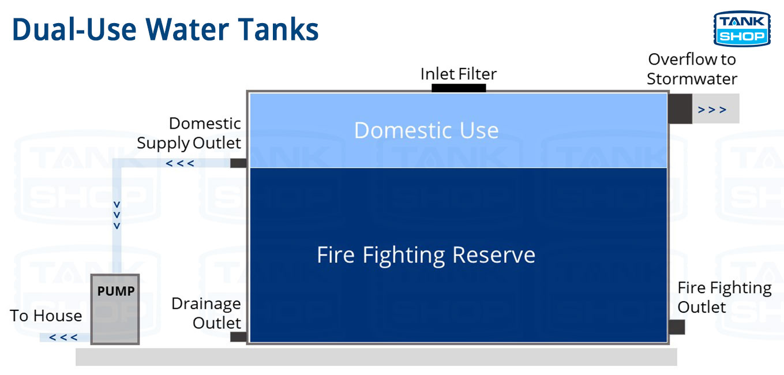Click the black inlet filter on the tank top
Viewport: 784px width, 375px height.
(459, 88)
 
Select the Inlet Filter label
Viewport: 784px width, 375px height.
(459, 74)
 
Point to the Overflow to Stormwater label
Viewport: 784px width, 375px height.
(692, 69)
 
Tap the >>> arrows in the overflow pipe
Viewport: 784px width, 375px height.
(712, 110)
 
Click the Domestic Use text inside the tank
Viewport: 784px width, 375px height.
(426, 130)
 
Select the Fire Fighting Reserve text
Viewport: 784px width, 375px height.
(426, 255)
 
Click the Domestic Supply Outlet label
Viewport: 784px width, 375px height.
(189, 133)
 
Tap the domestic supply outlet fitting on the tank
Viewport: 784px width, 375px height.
(238, 163)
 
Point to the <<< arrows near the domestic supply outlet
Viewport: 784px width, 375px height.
(180, 163)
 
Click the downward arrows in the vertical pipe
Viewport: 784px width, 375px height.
(117, 215)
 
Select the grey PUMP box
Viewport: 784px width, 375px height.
(115, 309)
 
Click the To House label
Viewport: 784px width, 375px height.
(46, 316)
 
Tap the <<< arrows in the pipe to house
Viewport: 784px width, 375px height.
(63, 337)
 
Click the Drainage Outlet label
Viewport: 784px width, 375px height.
(207, 313)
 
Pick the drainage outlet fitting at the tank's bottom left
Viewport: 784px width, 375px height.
(238, 336)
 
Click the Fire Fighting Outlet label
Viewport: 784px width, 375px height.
(724, 297)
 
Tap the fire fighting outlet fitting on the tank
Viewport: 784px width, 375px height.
(677, 327)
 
